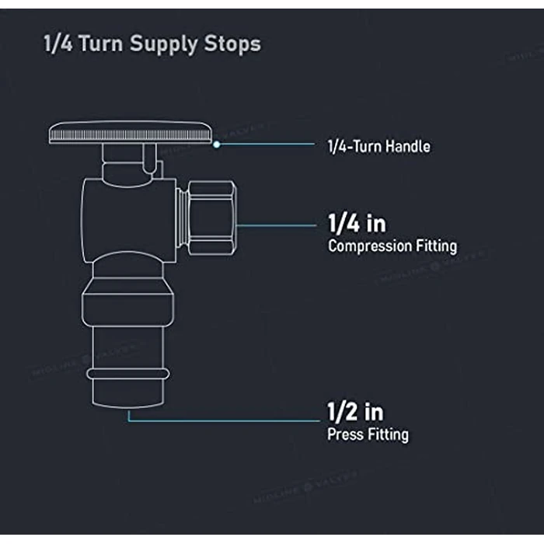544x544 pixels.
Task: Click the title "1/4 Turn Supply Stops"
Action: pyautogui.click(x=152, y=44)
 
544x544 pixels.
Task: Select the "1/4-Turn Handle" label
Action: pyautogui.click(x=378, y=145)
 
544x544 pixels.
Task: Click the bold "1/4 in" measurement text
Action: pyautogui.click(x=356, y=224)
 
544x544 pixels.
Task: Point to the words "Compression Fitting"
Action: pyautogui.click(x=392, y=246)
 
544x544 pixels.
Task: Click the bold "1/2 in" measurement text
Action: pyautogui.click(x=354, y=411)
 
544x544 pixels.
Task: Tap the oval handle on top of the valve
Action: pyautogui.click(x=130, y=134)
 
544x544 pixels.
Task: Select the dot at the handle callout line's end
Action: pyautogui.click(x=216, y=145)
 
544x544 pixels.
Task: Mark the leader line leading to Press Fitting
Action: pyautogui.click(x=225, y=421)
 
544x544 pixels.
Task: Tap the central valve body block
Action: pyautogui.click(x=128, y=218)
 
